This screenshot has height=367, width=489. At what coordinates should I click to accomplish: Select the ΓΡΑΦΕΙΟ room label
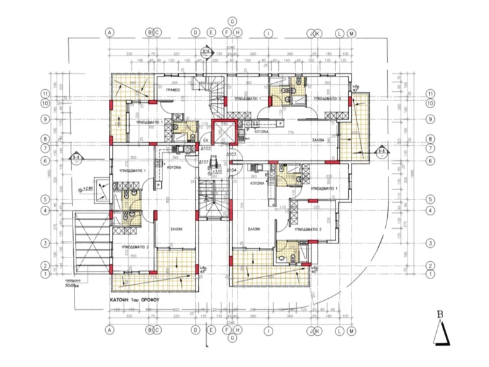175,91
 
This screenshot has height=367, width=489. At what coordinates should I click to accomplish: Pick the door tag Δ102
206,148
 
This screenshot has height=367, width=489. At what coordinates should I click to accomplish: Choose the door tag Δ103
232,155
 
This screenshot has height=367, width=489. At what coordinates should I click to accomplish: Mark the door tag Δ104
232,170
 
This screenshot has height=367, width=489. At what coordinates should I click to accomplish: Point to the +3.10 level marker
216,170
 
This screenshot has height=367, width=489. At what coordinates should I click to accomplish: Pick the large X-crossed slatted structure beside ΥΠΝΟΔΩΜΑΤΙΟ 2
89,242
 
